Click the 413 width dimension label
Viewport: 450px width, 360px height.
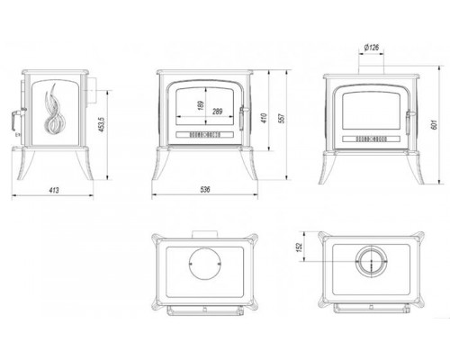[54, 190]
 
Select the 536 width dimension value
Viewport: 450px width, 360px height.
[205, 189]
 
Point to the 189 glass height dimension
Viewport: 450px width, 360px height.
[201, 105]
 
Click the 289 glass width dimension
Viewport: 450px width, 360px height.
[218, 112]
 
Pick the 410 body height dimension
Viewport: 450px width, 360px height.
[264, 118]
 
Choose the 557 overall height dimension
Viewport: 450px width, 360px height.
[282, 118]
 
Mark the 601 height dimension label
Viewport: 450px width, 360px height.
[434, 124]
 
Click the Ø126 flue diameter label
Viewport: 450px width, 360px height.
[372, 48]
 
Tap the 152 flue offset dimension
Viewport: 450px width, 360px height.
[299, 247]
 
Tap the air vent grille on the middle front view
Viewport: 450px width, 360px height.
[205, 134]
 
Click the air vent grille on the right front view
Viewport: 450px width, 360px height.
[371, 139]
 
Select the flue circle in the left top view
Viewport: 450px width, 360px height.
[205, 264]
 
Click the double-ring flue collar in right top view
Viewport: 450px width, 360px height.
[372, 261]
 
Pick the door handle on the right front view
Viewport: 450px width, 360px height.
[409, 122]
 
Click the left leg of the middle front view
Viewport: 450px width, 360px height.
[161, 164]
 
